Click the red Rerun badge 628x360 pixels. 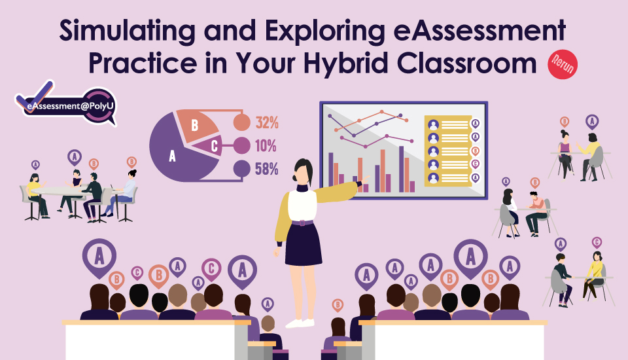coord(563,64)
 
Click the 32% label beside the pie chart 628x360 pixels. coord(267,122)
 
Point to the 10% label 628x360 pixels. coord(266,146)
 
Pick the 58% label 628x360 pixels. coord(267,169)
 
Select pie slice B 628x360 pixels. coord(197,124)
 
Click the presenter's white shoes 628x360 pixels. coord(300,323)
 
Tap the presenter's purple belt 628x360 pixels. coord(302,223)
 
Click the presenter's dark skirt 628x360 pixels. coord(303,245)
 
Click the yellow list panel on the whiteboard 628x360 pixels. coord(447,151)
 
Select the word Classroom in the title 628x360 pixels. coord(466,63)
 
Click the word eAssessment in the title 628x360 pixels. coord(480,31)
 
